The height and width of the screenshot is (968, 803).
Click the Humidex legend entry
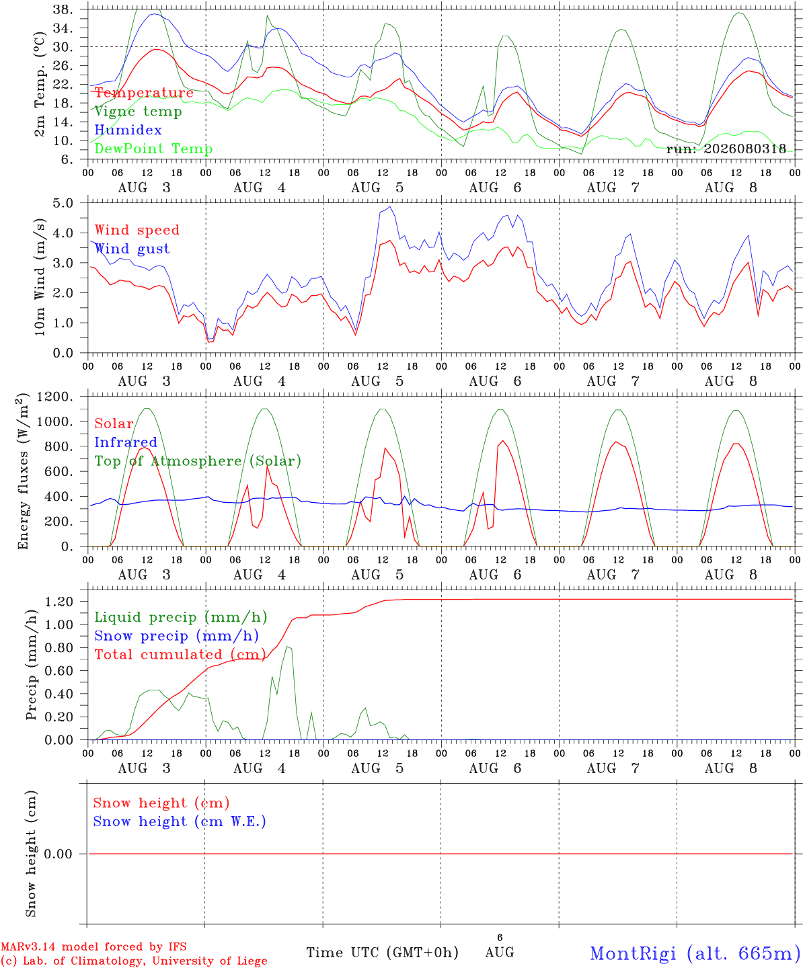128,130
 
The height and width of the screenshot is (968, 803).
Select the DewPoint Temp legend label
153,149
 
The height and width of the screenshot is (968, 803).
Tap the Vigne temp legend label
139,112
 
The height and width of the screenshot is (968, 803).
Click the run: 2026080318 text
726,149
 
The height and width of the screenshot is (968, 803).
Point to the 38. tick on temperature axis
63,9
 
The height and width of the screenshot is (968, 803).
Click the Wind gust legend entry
132,249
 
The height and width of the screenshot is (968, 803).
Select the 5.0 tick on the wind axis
63,203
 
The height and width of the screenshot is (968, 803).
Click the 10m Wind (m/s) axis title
40,276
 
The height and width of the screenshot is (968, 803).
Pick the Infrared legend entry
126,442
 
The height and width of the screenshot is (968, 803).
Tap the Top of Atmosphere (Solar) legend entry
198,461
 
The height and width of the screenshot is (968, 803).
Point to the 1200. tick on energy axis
55,397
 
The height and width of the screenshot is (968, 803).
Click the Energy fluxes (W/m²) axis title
23,472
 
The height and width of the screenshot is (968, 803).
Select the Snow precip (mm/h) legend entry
177,636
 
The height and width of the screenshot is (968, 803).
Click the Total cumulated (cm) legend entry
180,655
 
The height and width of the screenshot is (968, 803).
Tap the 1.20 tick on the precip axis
59,602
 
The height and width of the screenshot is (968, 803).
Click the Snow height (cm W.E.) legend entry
180,821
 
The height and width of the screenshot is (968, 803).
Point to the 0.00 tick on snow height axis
58,854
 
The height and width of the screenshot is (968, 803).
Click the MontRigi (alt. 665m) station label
691,953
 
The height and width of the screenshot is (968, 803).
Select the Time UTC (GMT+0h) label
382,953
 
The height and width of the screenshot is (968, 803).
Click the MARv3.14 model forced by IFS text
93,946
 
